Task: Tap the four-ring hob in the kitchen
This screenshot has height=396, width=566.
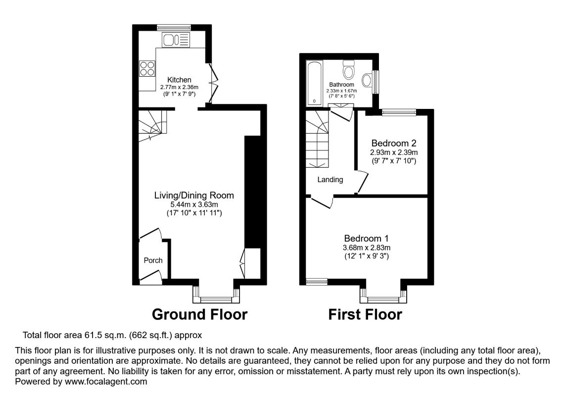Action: coord(147,68)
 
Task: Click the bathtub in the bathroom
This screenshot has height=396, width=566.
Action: coord(314,83)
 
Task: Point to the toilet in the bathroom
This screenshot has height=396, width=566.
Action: coord(349,70)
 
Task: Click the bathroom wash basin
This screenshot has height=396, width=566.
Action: coord(368,81)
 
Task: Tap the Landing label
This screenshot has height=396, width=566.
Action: coord(330,180)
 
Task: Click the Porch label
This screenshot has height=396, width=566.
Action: coord(153,260)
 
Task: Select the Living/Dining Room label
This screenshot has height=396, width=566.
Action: coord(193,196)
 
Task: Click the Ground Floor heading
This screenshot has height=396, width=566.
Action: coord(199,314)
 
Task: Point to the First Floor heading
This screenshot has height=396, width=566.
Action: coord(365,314)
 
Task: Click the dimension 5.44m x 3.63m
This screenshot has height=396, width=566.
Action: coord(193,204)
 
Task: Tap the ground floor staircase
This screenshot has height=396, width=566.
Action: coord(152,125)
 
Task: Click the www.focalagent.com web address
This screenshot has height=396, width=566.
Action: coord(106,382)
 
